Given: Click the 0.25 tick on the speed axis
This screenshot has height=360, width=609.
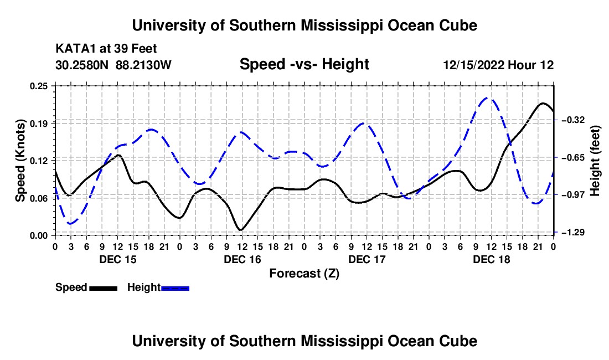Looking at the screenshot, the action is pos(39,86).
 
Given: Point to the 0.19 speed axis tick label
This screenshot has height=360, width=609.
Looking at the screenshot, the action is pos(39,124).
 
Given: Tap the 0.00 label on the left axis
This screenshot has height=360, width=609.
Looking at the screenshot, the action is pos(39,236).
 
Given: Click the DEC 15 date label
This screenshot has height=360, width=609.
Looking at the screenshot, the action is pos(118,259).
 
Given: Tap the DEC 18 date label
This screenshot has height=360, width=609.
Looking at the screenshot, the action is pos(491,259).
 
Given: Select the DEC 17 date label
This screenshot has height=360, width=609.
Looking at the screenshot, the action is pos(367,259).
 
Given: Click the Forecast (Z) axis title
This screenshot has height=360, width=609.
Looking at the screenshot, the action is pos(304,274).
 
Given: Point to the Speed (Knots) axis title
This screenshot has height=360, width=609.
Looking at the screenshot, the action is pos(20,161).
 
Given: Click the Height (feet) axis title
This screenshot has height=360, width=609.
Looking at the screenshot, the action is pos(595,161).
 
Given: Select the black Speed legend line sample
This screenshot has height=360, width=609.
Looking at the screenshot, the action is pos(104,289).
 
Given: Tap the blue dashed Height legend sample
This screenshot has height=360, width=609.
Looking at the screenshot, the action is pos(175,289).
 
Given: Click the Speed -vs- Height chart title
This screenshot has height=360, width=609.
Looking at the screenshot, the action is pos(304,64).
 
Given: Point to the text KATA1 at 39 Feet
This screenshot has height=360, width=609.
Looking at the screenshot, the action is pos(106,49).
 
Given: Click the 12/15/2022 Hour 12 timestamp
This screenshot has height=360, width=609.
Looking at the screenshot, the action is pos(499,65).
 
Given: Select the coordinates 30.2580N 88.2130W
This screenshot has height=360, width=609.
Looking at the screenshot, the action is pos(113,65).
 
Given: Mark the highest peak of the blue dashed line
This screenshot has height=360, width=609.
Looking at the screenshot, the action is pos(488,98).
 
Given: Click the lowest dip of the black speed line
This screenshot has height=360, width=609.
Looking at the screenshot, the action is pos(241,230).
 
